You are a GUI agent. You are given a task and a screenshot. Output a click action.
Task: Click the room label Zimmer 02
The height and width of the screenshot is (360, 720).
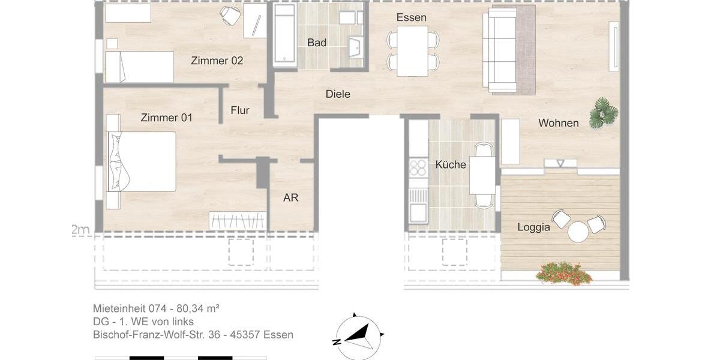(x=217, y=61)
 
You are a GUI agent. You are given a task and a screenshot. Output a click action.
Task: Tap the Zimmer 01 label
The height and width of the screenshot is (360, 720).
(x=166, y=118)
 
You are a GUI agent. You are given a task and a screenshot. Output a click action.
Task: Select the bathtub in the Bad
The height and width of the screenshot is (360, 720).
(x=284, y=36)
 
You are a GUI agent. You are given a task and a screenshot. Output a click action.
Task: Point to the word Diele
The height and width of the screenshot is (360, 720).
(x=338, y=94)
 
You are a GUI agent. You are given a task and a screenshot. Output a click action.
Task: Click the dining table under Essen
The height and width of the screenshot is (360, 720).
(x=412, y=51)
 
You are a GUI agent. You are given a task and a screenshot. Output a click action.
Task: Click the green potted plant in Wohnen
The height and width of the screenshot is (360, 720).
(x=603, y=113)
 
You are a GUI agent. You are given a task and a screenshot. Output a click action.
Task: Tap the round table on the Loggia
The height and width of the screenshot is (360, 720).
(x=578, y=232)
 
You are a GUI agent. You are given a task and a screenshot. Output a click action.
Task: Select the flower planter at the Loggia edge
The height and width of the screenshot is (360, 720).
(x=563, y=274)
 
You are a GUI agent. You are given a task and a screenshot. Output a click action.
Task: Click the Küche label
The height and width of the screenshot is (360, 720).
(x=451, y=164)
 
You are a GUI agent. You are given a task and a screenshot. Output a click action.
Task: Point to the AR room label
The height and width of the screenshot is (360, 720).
(x=290, y=197)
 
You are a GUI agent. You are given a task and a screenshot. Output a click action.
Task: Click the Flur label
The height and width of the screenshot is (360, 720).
(x=240, y=110)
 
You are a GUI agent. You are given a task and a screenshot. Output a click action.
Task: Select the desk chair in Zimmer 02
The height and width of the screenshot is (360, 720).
(x=230, y=16)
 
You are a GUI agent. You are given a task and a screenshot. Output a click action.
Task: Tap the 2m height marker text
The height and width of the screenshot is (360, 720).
(x=80, y=230)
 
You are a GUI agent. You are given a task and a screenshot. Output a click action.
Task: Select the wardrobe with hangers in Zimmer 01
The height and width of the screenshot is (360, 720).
(x=237, y=221)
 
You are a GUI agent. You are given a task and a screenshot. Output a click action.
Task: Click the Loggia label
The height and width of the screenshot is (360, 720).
(x=533, y=227)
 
